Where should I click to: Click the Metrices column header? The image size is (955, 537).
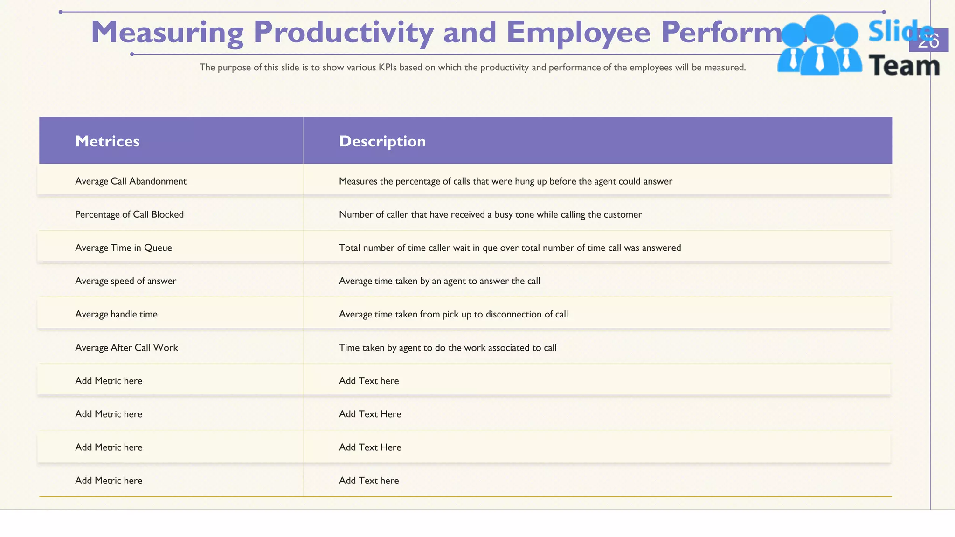click(107, 141)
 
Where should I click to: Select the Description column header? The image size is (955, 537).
click(382, 141)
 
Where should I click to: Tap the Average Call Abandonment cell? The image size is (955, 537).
click(131, 181)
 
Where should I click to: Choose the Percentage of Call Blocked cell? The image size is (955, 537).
click(129, 214)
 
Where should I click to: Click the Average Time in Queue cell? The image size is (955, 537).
click(124, 248)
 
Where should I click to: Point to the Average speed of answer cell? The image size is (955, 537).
click(125, 281)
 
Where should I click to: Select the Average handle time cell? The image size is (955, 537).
click(116, 314)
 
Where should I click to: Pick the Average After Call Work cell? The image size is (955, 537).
click(126, 348)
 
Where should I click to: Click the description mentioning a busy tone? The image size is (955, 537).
click(490, 214)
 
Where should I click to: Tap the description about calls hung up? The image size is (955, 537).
click(505, 181)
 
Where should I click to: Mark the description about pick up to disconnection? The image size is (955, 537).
click(453, 314)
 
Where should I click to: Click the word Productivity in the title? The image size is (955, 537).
click(343, 33)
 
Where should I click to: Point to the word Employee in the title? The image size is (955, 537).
click(578, 33)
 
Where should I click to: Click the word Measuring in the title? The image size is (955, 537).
click(167, 33)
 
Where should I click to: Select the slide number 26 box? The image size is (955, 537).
click(928, 41)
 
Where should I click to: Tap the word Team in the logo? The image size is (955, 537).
click(904, 66)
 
